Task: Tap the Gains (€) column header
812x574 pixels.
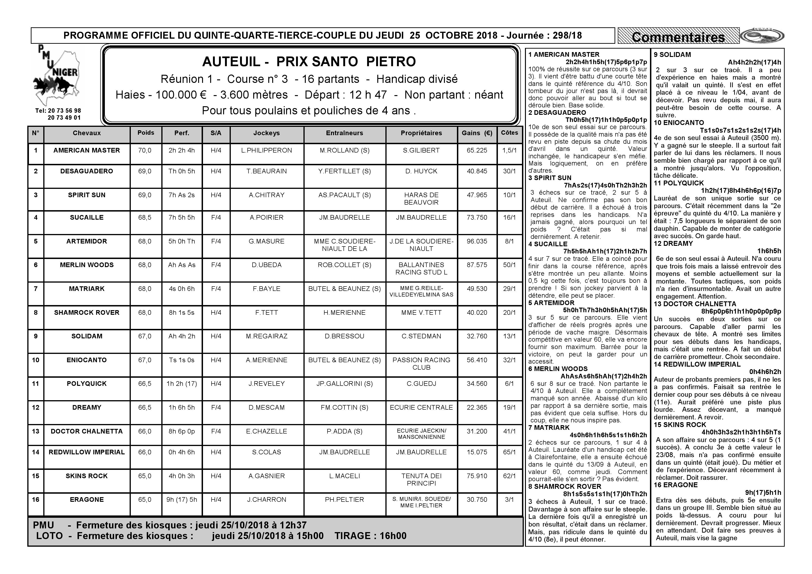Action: click(x=477, y=133)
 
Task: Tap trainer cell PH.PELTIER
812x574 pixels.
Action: click(x=344, y=500)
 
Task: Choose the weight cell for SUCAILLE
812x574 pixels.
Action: click(x=145, y=218)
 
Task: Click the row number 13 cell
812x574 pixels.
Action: click(x=36, y=431)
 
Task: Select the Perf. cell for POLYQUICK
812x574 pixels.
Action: click(x=181, y=384)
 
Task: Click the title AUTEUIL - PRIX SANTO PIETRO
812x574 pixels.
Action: click(x=309, y=62)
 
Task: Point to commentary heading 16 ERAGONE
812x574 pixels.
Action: click(x=675, y=485)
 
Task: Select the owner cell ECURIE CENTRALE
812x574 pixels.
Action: click(x=421, y=407)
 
